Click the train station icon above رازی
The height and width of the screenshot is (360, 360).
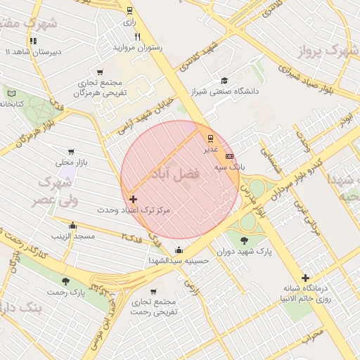[129, 10]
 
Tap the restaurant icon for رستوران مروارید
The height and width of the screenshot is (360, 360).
[137, 37]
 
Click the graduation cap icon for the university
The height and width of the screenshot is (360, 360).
[224, 81]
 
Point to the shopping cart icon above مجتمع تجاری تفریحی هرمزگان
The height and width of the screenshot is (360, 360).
[100, 72]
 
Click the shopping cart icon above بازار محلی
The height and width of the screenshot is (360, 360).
[71, 152]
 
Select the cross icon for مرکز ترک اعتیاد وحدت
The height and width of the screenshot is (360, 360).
[133, 200]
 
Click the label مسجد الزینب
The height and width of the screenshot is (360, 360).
[72, 236]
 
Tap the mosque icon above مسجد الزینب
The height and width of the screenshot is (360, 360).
[72, 225]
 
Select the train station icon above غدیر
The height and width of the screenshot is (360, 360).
[210, 138]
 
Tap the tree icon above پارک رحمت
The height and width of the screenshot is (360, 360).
[65, 281]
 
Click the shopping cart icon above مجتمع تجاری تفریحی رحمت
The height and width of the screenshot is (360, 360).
[154, 291]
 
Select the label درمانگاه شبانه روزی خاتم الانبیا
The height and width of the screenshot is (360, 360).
[307, 294]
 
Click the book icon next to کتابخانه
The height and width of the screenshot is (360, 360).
[11, 93]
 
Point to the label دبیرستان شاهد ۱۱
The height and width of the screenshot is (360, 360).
[35, 53]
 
